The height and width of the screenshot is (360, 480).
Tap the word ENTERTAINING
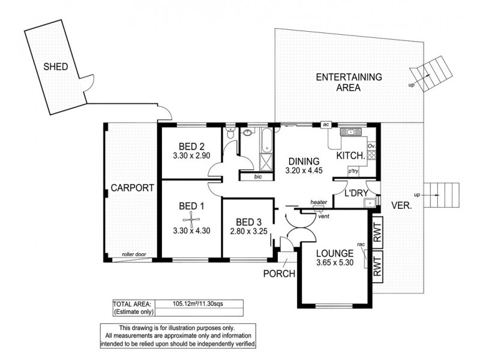[x=349, y=77]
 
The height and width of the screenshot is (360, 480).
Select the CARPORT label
[x=133, y=188]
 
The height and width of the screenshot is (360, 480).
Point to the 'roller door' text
[x=133, y=254]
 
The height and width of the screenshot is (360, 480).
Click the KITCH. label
[x=351, y=156]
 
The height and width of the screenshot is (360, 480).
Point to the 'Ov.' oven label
[x=371, y=146]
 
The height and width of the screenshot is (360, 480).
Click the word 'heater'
[x=319, y=203]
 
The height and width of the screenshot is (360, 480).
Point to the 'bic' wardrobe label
[x=258, y=177]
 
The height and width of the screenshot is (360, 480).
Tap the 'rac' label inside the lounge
[x=362, y=244]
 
